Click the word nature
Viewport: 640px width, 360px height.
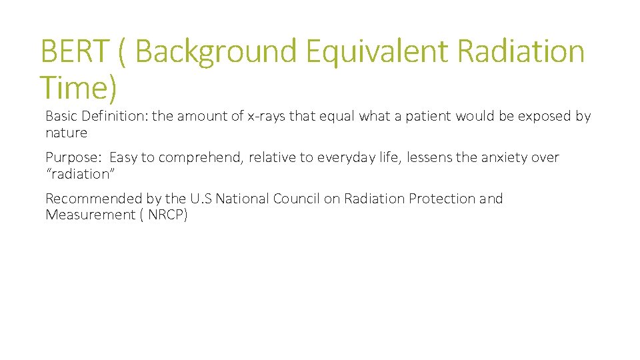tap(66, 133)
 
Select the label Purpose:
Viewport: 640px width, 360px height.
tap(73, 158)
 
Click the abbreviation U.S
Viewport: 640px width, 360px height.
tap(200, 199)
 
